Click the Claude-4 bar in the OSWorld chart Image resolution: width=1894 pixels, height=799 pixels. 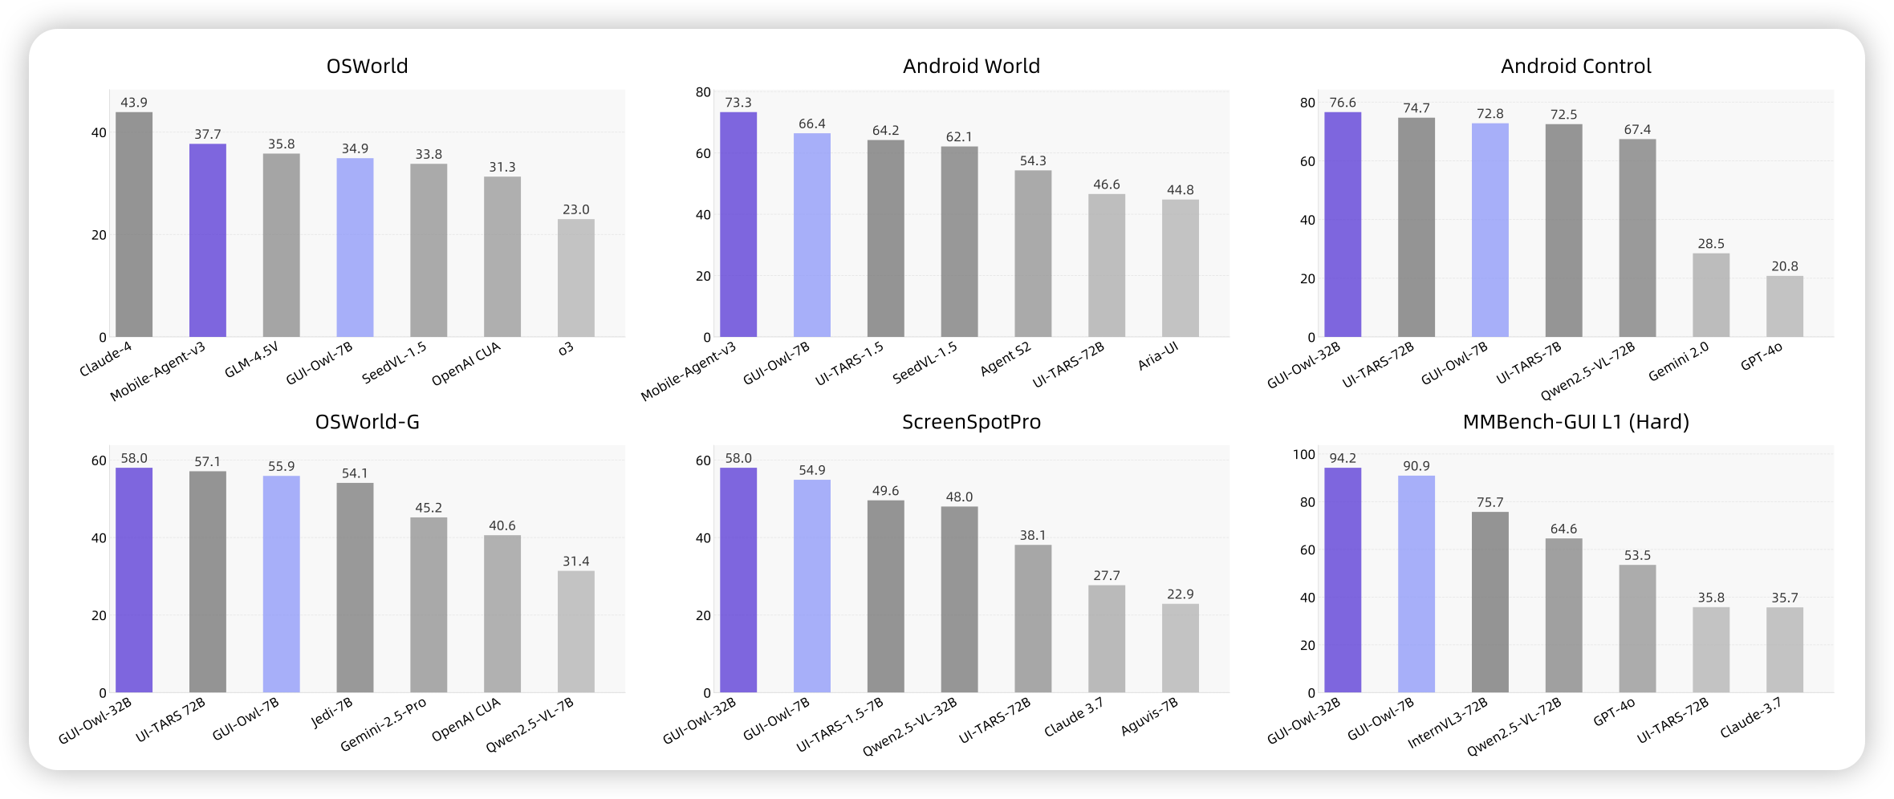point(134,225)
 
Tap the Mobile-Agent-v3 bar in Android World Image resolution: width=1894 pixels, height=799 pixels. point(738,225)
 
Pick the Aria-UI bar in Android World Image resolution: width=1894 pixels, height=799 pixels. point(1181,268)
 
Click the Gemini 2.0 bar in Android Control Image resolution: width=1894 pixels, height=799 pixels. point(1711,295)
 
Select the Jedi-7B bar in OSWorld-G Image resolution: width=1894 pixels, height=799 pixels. point(355,587)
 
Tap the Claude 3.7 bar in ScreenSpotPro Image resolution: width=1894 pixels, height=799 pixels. point(1107,639)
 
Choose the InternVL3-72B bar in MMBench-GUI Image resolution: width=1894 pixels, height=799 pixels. point(1490,602)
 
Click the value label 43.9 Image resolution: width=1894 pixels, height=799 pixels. point(134,103)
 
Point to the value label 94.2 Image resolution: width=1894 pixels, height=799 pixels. point(1343,458)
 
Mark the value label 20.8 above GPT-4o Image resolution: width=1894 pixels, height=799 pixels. point(1785,266)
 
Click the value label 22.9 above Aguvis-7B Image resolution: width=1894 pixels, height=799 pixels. point(1181,594)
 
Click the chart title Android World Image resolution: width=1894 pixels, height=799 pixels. point(971,66)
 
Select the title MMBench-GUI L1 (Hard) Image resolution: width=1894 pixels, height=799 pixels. point(1575,422)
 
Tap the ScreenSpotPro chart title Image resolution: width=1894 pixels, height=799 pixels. point(971,422)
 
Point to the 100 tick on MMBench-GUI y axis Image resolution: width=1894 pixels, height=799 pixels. point(1304,455)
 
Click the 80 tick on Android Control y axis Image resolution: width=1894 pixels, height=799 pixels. point(1307,103)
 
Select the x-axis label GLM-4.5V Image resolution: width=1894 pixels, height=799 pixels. point(252,359)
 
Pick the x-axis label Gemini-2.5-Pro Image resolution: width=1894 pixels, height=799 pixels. point(384,725)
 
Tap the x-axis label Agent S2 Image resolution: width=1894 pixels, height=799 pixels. point(1006,359)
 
